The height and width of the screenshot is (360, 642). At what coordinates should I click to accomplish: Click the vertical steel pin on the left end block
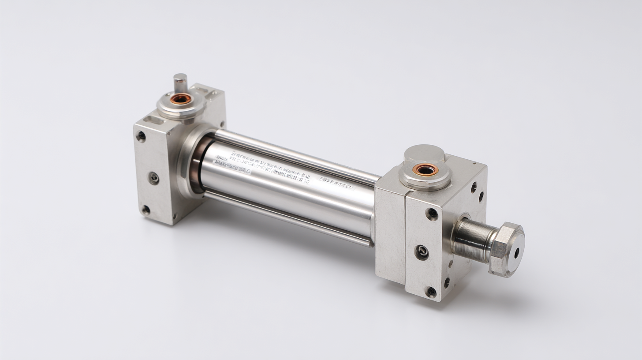180,83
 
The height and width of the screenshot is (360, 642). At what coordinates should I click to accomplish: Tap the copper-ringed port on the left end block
181,99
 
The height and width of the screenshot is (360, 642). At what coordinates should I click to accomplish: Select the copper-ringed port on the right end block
426,169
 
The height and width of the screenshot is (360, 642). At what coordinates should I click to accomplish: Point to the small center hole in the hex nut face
516,253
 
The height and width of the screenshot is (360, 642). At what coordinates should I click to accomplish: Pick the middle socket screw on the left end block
153,178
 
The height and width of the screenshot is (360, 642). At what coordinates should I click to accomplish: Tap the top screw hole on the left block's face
141,136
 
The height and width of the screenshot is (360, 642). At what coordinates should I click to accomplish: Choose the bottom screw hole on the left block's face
146,210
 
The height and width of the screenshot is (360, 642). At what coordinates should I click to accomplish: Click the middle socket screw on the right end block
422,252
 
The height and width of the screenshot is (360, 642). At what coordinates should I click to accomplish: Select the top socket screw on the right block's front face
432,214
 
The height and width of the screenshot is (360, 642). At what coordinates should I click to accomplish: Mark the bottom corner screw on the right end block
430,292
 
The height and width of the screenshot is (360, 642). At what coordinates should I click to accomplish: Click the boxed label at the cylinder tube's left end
231,165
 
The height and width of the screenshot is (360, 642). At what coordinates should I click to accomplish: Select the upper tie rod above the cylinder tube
295,154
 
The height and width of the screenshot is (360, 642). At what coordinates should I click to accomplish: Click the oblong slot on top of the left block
154,119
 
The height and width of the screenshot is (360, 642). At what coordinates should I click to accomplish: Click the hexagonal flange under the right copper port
425,179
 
